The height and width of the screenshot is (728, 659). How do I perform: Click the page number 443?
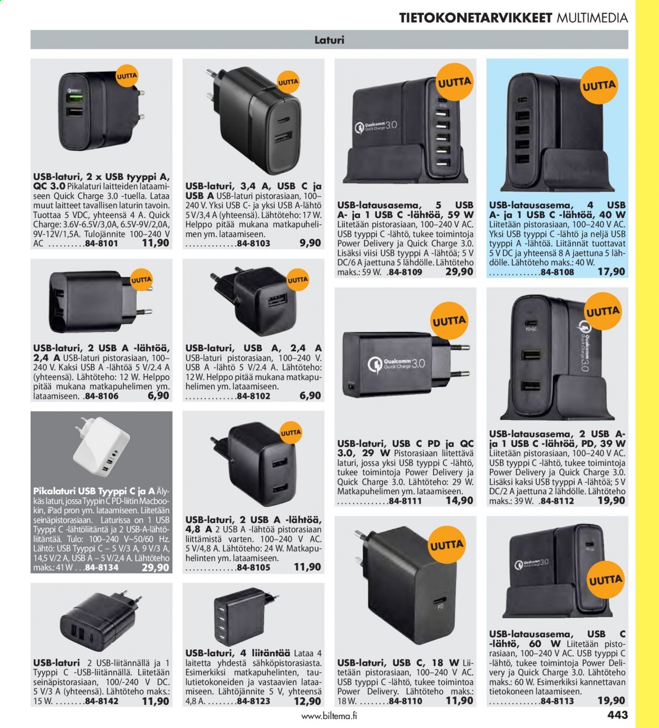(x=617, y=715)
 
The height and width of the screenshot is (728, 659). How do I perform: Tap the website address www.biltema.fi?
(x=329, y=716)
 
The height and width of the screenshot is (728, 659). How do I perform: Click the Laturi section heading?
(x=329, y=40)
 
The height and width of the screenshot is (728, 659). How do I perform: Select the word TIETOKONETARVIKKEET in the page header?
(x=476, y=18)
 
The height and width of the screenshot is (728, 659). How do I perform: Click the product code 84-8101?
(x=101, y=244)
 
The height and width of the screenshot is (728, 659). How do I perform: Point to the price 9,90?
(x=311, y=243)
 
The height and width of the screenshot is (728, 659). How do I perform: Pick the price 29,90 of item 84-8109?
(x=460, y=272)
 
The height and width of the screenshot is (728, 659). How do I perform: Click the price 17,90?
(x=612, y=272)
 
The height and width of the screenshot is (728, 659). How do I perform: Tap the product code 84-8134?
(x=102, y=568)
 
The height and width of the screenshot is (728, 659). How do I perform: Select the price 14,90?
(x=460, y=501)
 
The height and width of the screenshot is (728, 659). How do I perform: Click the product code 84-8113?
(x=557, y=701)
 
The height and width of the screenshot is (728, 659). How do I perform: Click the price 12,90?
(x=307, y=701)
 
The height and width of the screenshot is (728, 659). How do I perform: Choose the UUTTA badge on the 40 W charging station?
(x=599, y=85)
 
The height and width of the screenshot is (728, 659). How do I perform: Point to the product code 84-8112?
(x=557, y=501)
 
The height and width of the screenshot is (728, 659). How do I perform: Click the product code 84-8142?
(x=102, y=701)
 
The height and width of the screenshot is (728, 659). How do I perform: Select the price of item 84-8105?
(x=307, y=567)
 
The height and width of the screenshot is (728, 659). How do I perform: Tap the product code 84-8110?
(x=405, y=701)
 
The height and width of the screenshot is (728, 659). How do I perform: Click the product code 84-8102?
(x=254, y=396)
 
